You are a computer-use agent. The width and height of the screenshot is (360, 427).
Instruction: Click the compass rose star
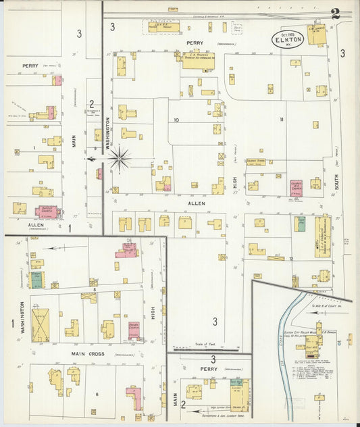120,159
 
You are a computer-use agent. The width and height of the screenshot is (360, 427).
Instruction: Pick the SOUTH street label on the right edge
336,180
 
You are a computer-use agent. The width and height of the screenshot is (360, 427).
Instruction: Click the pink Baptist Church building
47,211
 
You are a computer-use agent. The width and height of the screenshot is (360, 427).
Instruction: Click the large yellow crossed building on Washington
40,325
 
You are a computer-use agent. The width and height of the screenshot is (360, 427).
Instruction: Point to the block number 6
97,394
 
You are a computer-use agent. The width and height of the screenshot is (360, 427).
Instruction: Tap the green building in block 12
301,224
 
